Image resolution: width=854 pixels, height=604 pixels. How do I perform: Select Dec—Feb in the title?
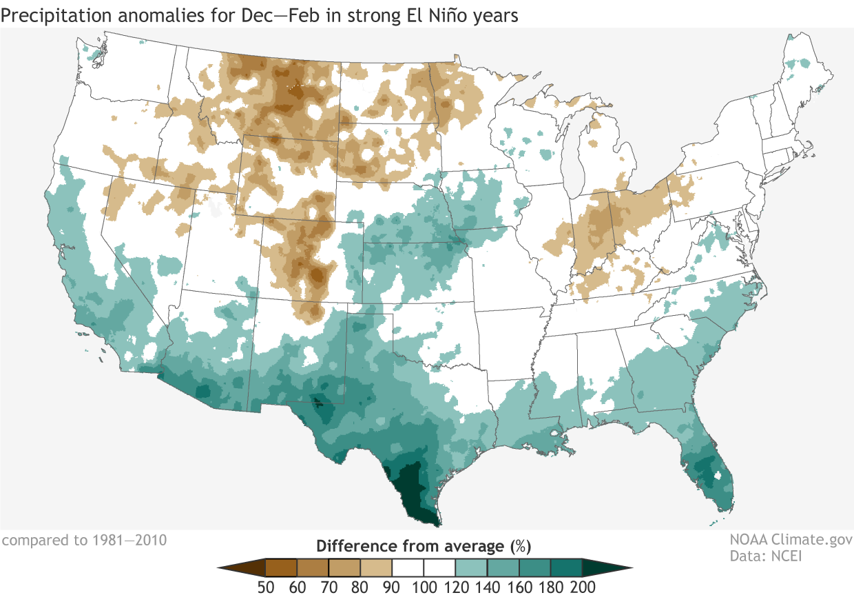pos(317,14)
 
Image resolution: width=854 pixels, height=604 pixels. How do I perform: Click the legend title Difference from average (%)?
pos(423,547)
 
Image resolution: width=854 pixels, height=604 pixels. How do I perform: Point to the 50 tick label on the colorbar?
pos(266,587)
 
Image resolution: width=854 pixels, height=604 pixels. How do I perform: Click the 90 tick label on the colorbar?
pos(392,587)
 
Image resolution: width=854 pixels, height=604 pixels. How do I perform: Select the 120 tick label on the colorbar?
pos(455,587)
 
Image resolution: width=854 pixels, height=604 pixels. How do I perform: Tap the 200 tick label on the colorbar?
pos(583,587)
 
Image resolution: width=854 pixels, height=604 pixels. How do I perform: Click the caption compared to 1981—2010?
pos(83,539)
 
